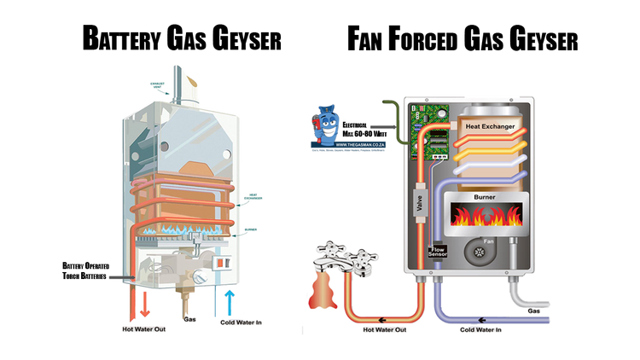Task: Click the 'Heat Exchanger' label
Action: [x=489, y=125]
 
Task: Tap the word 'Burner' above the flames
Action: [x=485, y=197]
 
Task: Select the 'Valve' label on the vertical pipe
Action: [x=418, y=205]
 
